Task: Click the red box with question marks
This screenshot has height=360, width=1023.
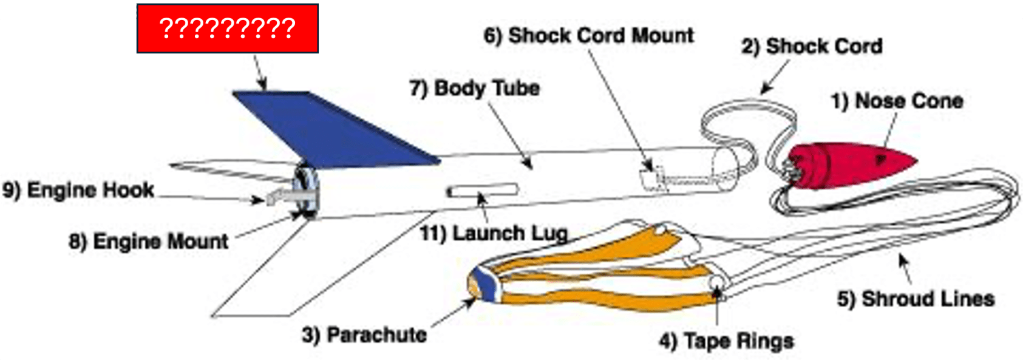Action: [x=228, y=29]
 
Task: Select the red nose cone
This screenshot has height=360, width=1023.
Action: [x=849, y=165]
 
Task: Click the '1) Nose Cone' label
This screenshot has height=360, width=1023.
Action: [x=897, y=101]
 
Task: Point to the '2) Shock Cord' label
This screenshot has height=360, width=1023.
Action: [x=812, y=46]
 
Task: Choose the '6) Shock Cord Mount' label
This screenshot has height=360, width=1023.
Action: [x=589, y=36]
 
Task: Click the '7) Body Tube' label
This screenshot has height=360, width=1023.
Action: [x=475, y=88]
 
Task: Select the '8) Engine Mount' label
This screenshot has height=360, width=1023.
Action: [x=148, y=241]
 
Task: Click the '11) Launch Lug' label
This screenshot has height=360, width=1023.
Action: [x=494, y=234]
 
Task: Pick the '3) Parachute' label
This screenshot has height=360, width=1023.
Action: [x=364, y=335]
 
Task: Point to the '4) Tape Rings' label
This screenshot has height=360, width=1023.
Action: [x=726, y=341]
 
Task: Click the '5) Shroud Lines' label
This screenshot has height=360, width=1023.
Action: [x=916, y=299]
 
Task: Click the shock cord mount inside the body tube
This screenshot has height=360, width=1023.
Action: [x=651, y=178]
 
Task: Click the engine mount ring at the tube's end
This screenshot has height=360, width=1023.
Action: [x=307, y=191]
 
